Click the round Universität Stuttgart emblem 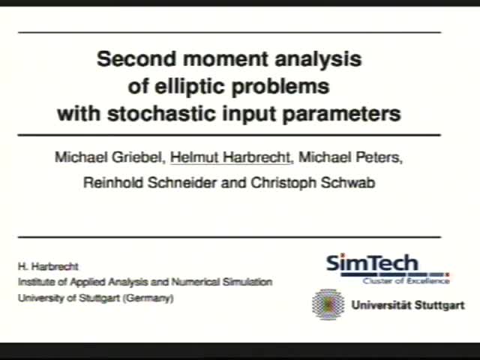click(x=327, y=304)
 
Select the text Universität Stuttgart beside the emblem click(x=407, y=305)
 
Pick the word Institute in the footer click(x=35, y=282)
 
